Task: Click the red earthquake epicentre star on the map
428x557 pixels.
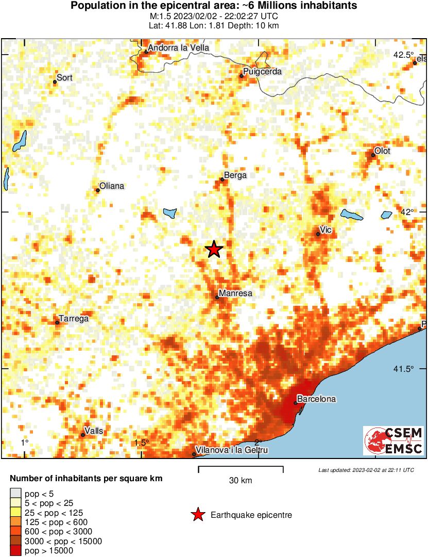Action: coord(214,250)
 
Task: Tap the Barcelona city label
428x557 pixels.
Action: coord(317,399)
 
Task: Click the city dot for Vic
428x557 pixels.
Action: coord(318,234)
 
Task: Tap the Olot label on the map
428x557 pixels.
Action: coord(382,151)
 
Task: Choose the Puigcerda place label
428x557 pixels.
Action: coord(262,72)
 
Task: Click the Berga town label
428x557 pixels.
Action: coord(235,175)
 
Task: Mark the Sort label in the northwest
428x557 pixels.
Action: coord(64,78)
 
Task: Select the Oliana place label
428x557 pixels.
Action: coord(112,186)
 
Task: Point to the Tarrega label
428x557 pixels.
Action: coord(74,319)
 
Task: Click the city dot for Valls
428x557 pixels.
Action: coord(83,435)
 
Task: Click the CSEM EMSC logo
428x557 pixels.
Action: coord(393,440)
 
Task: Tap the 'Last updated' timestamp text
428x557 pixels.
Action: coord(366,470)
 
